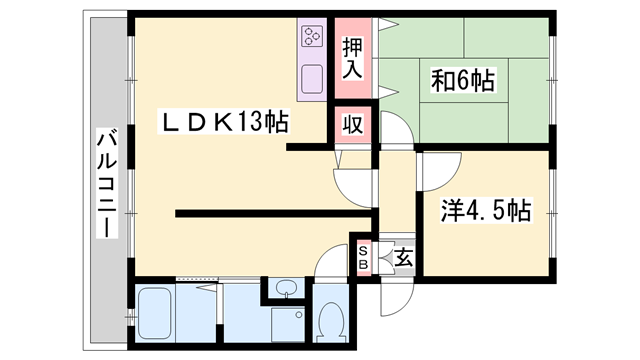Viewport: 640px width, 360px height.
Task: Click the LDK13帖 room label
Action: pos(224,122)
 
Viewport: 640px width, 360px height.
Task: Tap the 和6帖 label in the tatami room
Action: pos(463,80)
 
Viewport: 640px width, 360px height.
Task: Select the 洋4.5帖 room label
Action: pos(486,211)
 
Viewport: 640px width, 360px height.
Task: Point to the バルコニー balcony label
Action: pos(107,182)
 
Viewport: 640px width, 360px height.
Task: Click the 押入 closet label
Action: pos(352,58)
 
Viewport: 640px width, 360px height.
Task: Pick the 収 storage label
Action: pos(353,124)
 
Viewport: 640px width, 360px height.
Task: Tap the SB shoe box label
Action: pos(363,258)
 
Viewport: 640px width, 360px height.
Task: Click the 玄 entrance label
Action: pos(404,257)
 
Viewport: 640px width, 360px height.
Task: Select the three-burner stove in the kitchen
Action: pos(312,36)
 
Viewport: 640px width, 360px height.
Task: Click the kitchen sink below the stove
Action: pos(312,79)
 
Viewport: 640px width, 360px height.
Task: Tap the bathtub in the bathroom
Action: pos(154,313)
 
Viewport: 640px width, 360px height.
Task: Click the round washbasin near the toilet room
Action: pos(285,288)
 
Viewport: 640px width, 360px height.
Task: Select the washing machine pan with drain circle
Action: pos(288,325)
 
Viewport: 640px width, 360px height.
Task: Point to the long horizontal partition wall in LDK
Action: pos(273,213)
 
